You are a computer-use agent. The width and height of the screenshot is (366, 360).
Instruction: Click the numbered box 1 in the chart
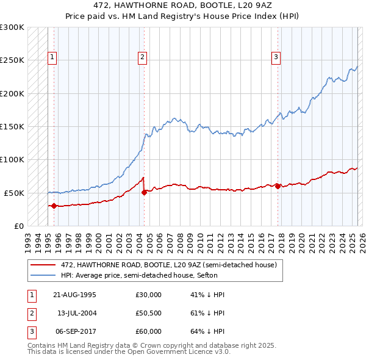53,58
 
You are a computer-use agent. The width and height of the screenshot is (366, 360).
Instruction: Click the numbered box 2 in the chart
142,58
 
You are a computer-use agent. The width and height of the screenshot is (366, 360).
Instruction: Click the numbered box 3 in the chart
276,58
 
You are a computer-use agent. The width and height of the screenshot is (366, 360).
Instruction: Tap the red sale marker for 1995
54,206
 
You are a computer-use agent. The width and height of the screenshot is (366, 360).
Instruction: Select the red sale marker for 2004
145,192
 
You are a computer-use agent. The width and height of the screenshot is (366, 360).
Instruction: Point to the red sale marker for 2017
278,186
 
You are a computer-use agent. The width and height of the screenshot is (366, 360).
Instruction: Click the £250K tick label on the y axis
12,60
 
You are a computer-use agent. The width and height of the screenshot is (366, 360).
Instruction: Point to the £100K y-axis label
12,159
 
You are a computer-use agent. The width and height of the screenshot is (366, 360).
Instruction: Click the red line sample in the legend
43,265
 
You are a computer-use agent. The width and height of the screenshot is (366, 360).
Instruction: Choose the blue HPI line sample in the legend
43,275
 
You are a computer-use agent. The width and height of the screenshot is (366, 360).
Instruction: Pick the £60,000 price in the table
148,331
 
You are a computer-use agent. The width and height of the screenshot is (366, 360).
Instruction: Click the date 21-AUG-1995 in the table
74,295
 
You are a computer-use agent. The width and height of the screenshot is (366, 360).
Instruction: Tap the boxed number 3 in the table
29,331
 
